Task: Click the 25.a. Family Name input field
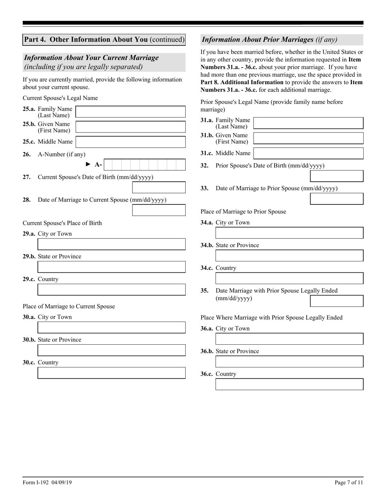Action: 130,112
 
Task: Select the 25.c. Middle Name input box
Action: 130,142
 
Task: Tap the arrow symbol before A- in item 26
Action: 88,164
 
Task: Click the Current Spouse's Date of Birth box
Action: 159,187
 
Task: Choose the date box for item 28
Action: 159,210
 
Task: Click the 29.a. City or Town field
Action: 111,244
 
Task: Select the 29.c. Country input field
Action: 111,290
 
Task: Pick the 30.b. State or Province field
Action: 111,350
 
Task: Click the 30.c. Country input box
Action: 111,373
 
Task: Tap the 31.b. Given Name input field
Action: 308,138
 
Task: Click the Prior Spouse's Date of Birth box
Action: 336,176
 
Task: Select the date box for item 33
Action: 336,199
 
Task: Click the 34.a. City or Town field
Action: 289,233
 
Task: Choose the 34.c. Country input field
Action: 289,278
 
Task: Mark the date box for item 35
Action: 336,301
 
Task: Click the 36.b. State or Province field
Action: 289,362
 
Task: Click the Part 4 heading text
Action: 104,39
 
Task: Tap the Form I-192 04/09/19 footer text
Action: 47,483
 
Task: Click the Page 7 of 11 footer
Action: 349,483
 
